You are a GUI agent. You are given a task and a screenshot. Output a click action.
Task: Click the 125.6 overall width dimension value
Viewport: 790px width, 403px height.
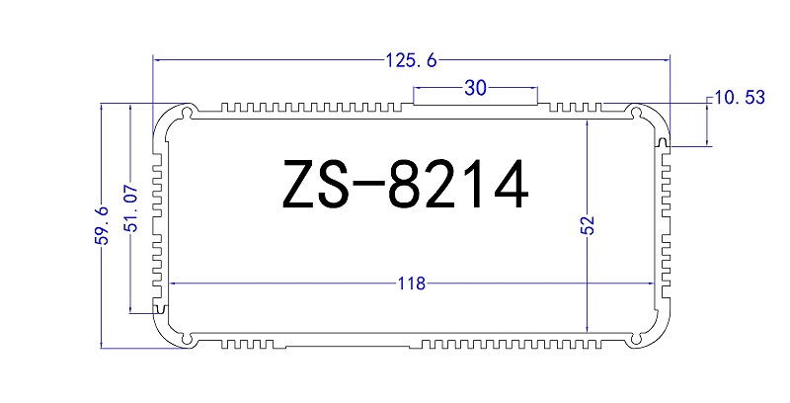click(x=410, y=60)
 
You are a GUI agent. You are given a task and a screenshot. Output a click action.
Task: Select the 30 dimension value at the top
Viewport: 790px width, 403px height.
click(x=475, y=89)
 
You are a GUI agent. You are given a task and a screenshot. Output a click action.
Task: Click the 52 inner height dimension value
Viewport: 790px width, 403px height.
click(x=588, y=226)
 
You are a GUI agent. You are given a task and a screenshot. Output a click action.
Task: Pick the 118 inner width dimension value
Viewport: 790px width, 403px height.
click(x=411, y=283)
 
